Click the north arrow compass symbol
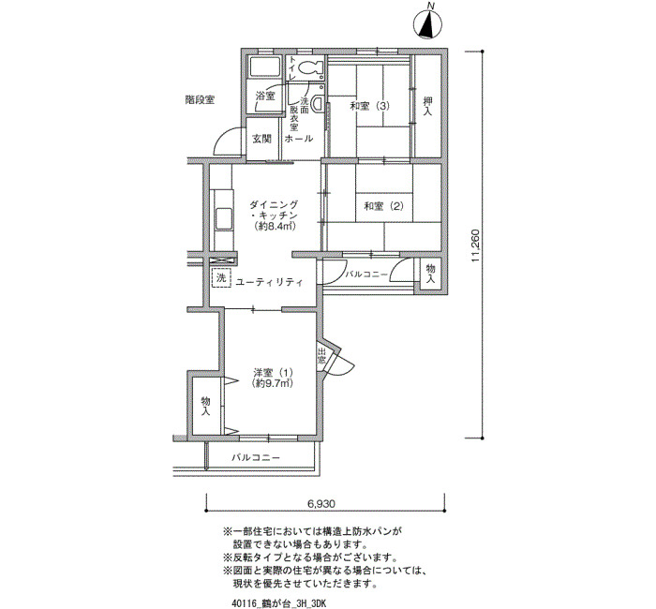click(427, 23)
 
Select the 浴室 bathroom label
click(265, 96)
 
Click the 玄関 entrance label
click(261, 139)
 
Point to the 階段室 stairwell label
click(200, 100)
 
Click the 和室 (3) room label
click(370, 106)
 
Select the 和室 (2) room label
click(384, 206)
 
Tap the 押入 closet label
click(427, 106)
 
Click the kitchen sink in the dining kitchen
click(224, 218)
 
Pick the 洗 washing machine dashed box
click(221, 277)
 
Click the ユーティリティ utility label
click(270, 282)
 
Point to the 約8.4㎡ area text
click(275, 227)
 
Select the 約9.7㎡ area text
click(273, 382)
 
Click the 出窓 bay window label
click(321, 355)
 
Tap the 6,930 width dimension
click(321, 504)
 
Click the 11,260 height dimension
click(474, 245)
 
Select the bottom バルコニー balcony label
click(256, 457)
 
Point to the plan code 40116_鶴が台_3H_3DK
click(278, 603)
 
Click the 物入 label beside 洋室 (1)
click(205, 406)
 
